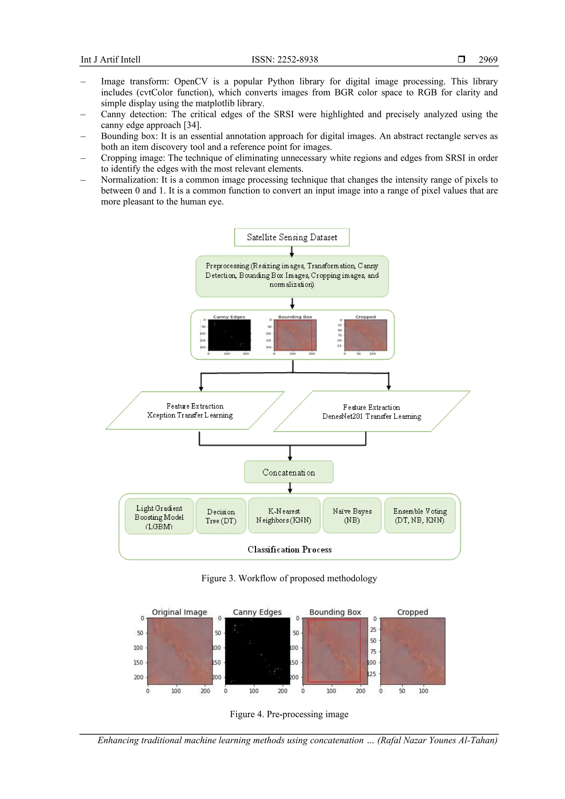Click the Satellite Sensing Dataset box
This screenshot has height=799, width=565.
click(x=292, y=237)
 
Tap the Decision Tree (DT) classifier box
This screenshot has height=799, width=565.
click(x=221, y=516)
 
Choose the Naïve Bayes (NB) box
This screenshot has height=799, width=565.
click(x=352, y=515)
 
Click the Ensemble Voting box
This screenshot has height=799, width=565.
click(x=420, y=515)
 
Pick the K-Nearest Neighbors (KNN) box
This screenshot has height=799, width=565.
click(x=284, y=515)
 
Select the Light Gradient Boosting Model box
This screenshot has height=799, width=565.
click(x=159, y=517)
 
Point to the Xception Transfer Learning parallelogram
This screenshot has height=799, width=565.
click(x=194, y=411)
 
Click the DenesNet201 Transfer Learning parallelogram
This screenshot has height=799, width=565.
click(x=371, y=412)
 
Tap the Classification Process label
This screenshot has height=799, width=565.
click(x=289, y=550)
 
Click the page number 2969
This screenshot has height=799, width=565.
click(x=488, y=60)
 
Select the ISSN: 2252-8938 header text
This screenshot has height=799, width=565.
click(x=285, y=60)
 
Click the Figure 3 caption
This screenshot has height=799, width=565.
click(x=289, y=578)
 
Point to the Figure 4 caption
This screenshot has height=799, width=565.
click(x=289, y=714)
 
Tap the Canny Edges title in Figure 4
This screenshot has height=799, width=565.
click(x=257, y=612)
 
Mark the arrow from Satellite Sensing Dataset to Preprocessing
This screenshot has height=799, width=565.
click(x=292, y=251)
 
